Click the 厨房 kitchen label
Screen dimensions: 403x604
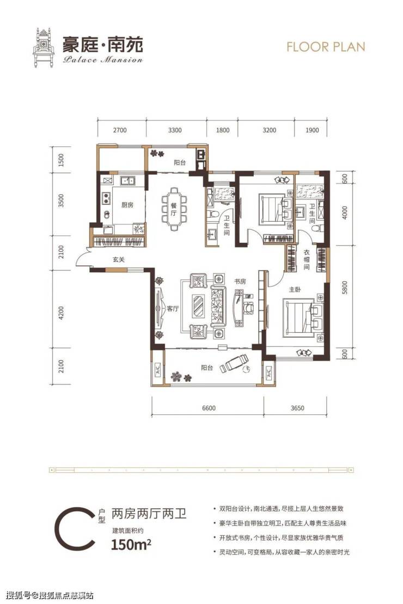tap(127, 205)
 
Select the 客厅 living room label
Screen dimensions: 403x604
tap(173, 309)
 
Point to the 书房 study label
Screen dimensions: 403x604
tap(240, 282)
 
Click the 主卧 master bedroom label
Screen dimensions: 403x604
tap(295, 289)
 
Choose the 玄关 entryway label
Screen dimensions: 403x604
tap(119, 260)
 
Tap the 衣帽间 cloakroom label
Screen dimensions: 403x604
tap(306, 259)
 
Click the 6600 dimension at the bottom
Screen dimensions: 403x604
tap(209, 408)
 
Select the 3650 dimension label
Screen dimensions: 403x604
tap(297, 408)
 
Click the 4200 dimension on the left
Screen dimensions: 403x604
tap(61, 313)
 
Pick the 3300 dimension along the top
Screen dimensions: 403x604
tap(175, 130)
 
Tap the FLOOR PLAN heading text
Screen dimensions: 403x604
tap(326, 47)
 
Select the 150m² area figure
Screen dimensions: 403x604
tap(131, 545)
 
